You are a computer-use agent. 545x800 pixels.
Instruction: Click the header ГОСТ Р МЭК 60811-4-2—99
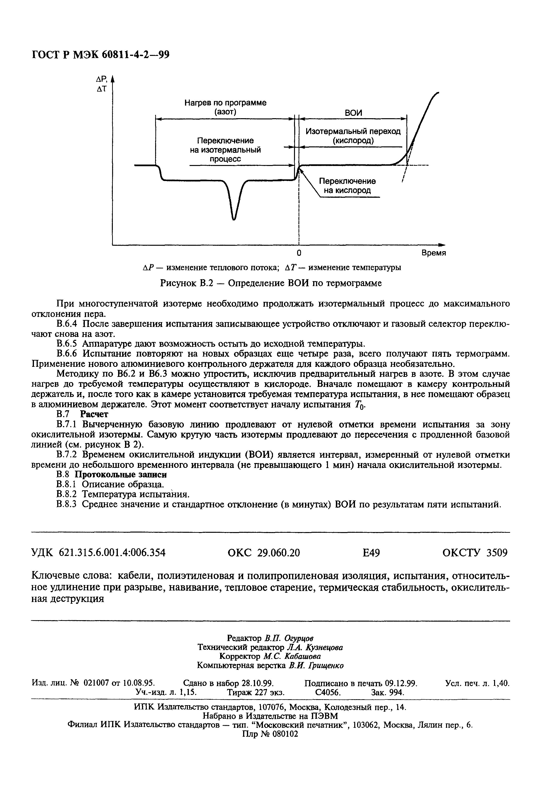tap(101, 55)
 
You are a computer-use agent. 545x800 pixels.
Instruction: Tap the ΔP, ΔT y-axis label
tap(102, 84)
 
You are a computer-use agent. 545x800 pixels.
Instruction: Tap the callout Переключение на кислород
tap(347, 186)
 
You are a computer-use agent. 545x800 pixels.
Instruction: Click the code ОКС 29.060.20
tap(264, 553)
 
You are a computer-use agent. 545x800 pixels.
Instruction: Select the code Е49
tap(371, 553)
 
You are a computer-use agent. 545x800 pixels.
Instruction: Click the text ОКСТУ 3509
tap(475, 553)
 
